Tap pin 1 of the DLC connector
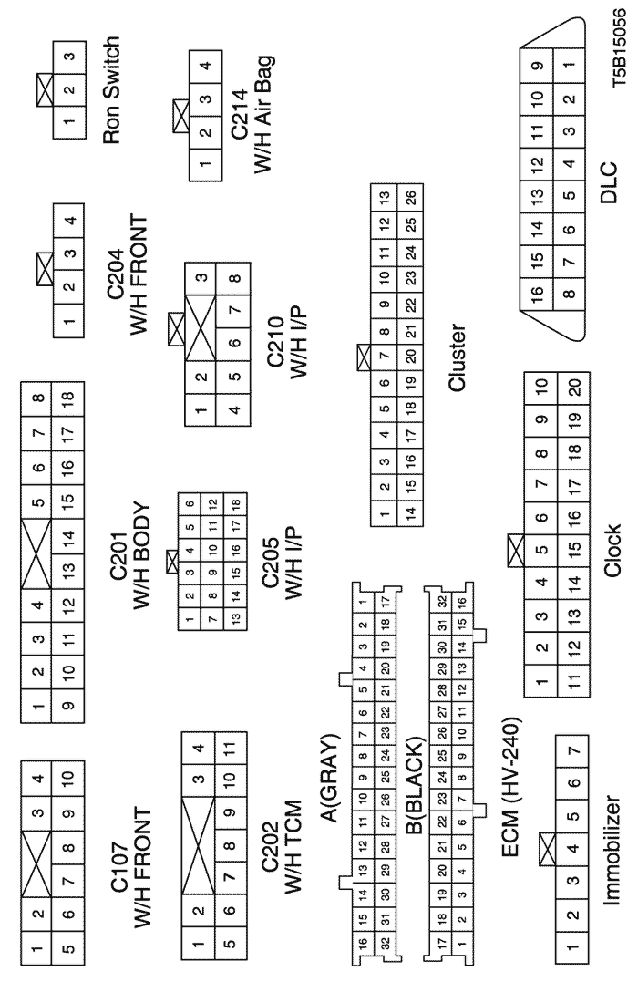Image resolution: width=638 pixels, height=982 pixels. tap(569, 65)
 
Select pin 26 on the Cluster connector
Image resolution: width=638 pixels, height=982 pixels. tap(411, 197)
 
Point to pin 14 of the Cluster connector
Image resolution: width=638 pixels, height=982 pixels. tap(411, 513)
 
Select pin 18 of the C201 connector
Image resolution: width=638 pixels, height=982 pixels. tap(66, 398)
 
